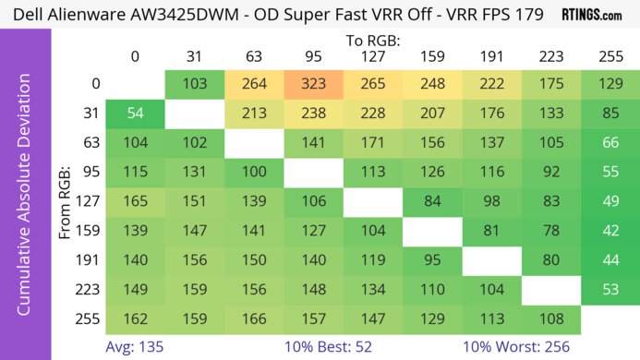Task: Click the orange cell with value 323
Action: (313, 84)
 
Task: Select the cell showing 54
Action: (135, 114)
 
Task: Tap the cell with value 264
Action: (254, 84)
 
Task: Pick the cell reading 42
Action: (610, 232)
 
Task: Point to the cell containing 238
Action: (313, 114)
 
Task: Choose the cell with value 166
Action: (254, 320)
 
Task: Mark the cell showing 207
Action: (431, 114)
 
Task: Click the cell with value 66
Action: (610, 143)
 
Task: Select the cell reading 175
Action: (550, 84)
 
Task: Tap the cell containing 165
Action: (135, 202)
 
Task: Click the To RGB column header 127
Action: (372, 56)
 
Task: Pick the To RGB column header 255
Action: (610, 56)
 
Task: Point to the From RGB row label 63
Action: (89, 143)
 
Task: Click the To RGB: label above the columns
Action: (372, 41)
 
